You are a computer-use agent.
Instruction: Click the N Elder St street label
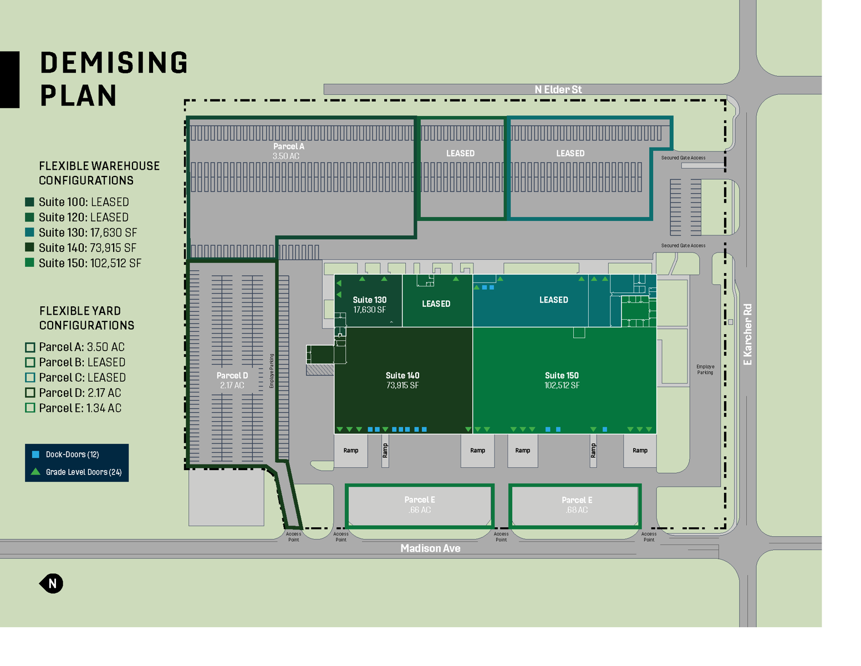[x=558, y=89]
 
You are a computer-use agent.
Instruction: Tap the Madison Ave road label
[x=430, y=548]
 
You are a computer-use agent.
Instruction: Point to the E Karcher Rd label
[x=747, y=334]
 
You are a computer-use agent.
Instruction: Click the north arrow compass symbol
[x=52, y=583]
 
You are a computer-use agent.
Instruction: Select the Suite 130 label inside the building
[x=369, y=304]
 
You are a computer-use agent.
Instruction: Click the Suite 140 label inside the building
[x=403, y=380]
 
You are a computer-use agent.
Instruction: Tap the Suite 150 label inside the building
[x=562, y=380]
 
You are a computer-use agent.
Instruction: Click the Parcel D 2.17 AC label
[x=232, y=380]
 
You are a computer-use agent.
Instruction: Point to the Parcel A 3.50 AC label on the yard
[x=288, y=151]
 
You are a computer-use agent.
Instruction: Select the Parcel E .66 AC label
[x=420, y=504]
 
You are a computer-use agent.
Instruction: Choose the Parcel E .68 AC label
[x=577, y=504]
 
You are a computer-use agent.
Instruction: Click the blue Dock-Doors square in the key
[x=36, y=455]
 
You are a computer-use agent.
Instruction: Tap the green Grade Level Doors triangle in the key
[x=35, y=472]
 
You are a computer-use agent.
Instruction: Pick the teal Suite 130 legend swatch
[x=30, y=233]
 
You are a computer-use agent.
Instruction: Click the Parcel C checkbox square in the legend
[x=30, y=377]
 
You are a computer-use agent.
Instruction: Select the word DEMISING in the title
[x=114, y=63]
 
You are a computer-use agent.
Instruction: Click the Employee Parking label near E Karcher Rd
[x=705, y=370]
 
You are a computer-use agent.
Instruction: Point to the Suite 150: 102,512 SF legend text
[x=90, y=263]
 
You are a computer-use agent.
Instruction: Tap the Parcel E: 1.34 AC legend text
[x=80, y=408]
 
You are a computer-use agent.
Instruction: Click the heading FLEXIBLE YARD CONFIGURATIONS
[x=86, y=318]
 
